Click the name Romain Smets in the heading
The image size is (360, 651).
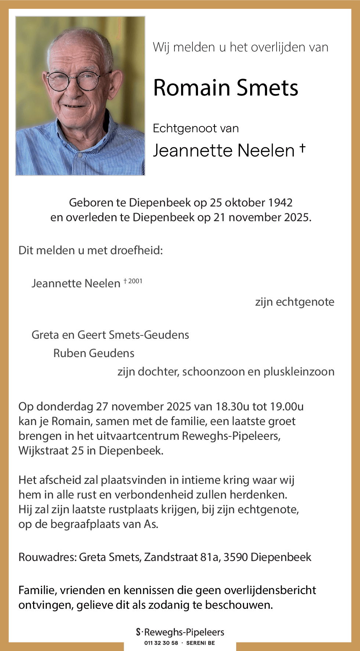(226, 88)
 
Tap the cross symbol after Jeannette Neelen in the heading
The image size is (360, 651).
(302, 147)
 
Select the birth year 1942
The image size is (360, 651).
(280, 202)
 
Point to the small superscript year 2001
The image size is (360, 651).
(135, 281)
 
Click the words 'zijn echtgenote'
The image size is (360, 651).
(295, 302)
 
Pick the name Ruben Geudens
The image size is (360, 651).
(94, 353)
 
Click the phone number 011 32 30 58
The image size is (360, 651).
(161, 643)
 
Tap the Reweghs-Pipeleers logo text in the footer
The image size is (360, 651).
(184, 632)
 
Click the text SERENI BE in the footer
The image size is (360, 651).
(201, 643)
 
